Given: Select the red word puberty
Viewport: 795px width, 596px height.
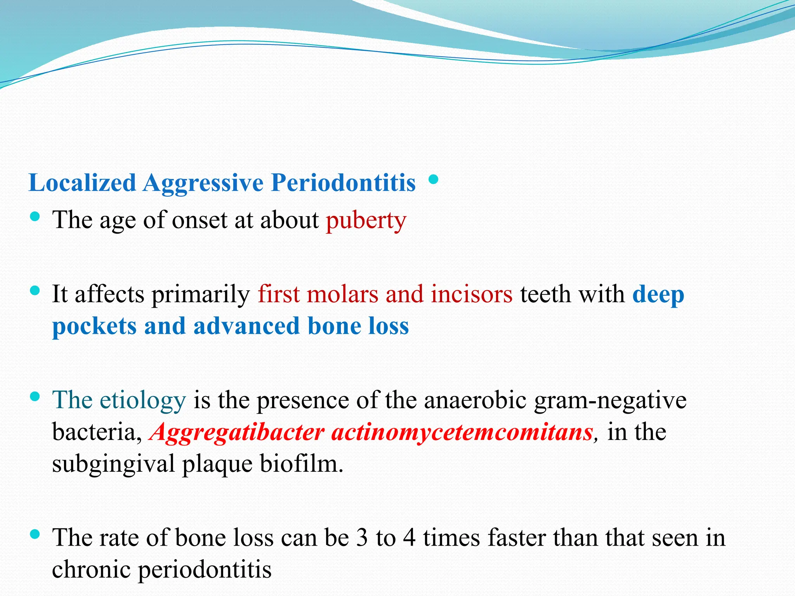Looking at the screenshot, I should pyautogui.click(x=366, y=220).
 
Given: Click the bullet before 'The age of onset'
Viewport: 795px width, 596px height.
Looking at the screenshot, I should pyautogui.click(x=35, y=217).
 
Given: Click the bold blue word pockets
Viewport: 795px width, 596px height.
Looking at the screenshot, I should pyautogui.click(x=94, y=326).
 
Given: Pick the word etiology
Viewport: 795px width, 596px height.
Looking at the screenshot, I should pyautogui.click(x=142, y=400).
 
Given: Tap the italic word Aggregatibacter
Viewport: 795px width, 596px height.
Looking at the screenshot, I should pyautogui.click(x=237, y=432).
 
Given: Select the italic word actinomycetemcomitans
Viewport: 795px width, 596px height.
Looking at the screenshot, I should pyautogui.click(x=462, y=432).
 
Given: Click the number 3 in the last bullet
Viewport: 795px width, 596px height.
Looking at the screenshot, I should pyautogui.click(x=362, y=538).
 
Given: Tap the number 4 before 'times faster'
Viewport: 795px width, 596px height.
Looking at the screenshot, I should pyautogui.click(x=409, y=538).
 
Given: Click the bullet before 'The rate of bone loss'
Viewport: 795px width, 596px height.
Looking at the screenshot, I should pyautogui.click(x=35, y=534).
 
